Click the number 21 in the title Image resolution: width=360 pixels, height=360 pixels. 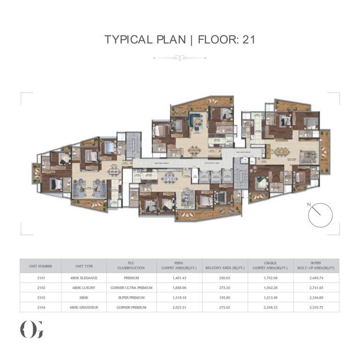(247, 39)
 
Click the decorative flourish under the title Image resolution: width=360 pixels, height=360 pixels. (180, 58)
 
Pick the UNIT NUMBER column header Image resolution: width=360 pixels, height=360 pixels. (40, 266)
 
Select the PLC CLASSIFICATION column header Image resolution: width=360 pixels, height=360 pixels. (131, 266)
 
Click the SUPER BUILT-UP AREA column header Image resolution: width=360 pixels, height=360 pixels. (315, 266)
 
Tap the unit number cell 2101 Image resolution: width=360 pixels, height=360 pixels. (40, 278)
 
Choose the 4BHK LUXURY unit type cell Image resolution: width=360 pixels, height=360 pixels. (84, 288)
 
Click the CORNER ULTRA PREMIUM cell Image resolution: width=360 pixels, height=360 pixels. (131, 288)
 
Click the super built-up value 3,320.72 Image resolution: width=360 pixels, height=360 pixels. (315, 307)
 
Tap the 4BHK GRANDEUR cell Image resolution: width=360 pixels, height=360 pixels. (84, 307)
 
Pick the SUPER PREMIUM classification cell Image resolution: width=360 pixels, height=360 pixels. (131, 298)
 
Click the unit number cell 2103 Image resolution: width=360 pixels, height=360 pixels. (40, 298)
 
